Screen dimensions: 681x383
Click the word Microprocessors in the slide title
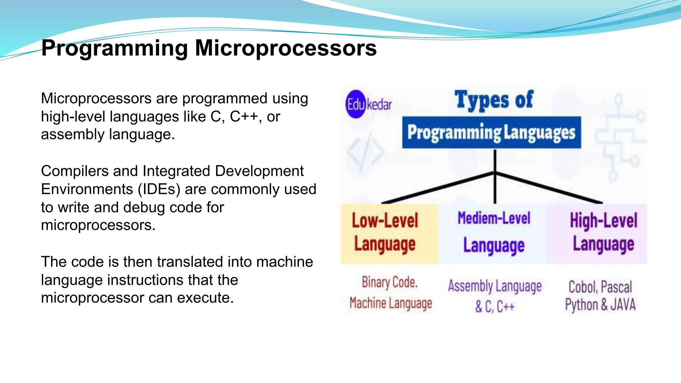[286, 48]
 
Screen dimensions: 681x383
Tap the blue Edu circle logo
[356, 104]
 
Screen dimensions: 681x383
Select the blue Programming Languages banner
[491, 132]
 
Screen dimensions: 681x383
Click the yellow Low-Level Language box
[389, 233]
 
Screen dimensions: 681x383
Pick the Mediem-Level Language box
[493, 233]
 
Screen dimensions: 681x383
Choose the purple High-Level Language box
[597, 233]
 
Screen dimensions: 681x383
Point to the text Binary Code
[389, 282]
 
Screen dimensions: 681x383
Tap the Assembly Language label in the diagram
[495, 286]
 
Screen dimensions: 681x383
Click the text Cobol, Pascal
[600, 287]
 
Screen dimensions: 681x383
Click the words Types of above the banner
[494, 100]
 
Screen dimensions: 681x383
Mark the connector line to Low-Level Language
[438, 188]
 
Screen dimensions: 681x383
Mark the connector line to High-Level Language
[549, 188]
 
